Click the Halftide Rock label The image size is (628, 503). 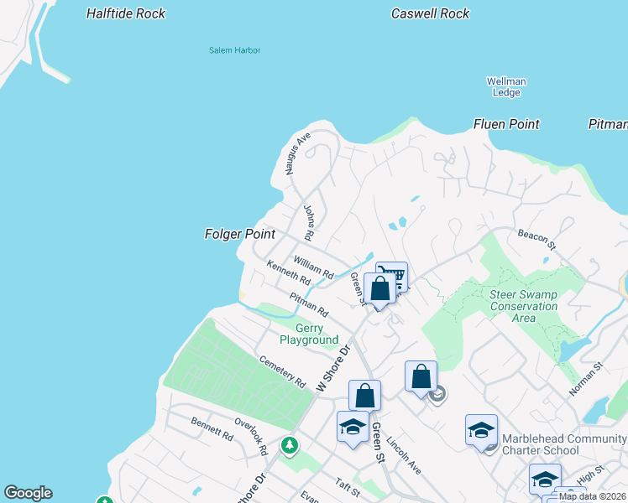126,14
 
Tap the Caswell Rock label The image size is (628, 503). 431,14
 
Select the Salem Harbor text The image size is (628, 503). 235,50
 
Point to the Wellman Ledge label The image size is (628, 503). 506,86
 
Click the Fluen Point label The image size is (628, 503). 506,124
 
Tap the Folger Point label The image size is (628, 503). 240,235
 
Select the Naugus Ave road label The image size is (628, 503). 298,153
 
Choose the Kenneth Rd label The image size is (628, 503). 288,273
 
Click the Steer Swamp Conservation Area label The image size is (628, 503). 524,306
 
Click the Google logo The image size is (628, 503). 28,493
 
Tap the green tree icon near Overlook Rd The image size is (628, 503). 290,444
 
